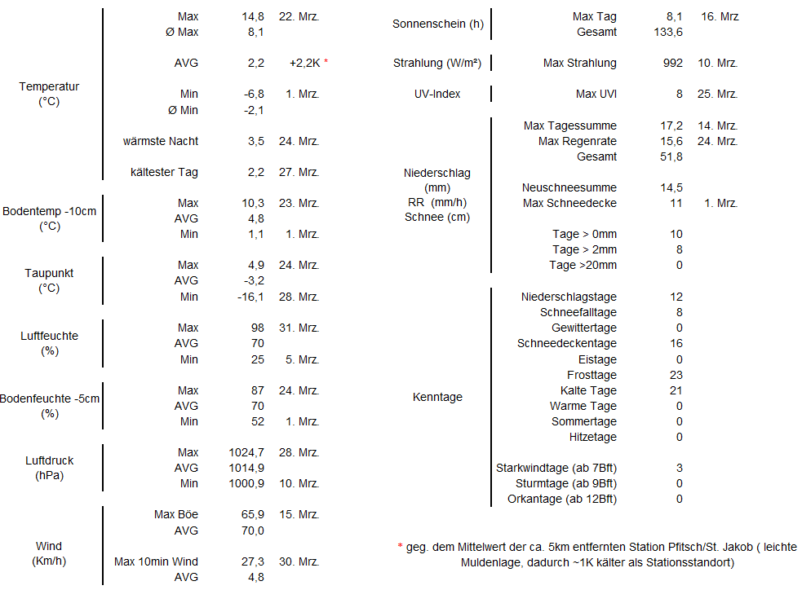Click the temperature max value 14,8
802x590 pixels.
[x=252, y=16]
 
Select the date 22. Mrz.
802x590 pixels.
[x=299, y=16]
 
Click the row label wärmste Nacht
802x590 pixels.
[x=161, y=141]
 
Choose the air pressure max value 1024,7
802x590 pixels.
[x=246, y=452]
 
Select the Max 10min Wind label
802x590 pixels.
[x=156, y=561]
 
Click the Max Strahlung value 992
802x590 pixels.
[x=673, y=63]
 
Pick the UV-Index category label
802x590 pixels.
[x=437, y=94]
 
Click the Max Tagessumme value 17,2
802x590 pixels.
[x=671, y=125]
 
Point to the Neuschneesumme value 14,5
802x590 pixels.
[x=671, y=187]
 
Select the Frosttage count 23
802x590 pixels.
[x=676, y=375]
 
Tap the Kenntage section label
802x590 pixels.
[x=437, y=397]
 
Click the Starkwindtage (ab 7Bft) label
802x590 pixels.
[x=556, y=468]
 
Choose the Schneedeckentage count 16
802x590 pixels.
[x=676, y=343]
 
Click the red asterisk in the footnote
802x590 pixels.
[x=400, y=547]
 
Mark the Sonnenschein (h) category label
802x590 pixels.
[x=438, y=24]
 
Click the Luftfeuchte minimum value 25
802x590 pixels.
[x=257, y=359]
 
